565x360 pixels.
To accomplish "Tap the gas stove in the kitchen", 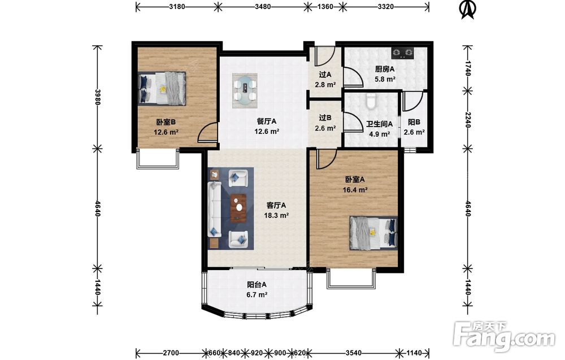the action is tap(403, 53).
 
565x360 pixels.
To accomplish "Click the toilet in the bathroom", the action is tap(371, 101).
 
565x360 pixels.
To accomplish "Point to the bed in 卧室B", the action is tap(162, 88).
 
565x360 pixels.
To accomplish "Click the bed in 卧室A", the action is tap(373, 233).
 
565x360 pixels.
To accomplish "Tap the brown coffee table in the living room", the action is tap(238, 209).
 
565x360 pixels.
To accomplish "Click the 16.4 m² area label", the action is tap(355, 189).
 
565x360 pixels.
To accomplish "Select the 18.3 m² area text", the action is tap(276, 215).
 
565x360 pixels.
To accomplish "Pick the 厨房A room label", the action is tap(385, 69).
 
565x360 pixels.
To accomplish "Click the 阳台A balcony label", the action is tap(257, 284).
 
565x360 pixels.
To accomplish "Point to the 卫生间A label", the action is tap(380, 124).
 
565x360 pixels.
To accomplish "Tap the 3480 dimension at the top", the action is tap(263, 6).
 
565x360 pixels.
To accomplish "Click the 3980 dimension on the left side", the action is tap(97, 97).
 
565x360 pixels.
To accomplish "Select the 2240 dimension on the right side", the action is tap(468, 120).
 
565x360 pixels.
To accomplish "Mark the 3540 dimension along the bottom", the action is tap(354, 353).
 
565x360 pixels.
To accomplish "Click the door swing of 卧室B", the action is tap(208, 132).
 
